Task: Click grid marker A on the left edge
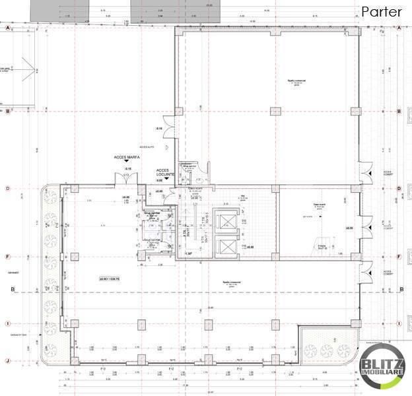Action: pos(8,29)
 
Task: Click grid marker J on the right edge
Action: pos(400,360)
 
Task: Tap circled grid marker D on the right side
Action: pos(400,189)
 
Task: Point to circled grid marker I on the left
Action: pos(8,323)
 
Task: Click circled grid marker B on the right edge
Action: pos(400,112)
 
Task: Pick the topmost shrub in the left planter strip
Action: pos(49,198)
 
